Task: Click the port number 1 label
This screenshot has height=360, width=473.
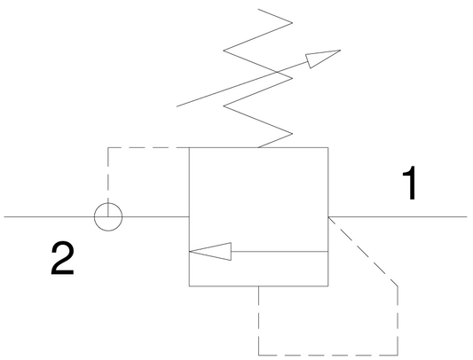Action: pos(411,184)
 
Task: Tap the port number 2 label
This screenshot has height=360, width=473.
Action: pos(62,259)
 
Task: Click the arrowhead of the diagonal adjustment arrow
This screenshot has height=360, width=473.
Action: pos(323,59)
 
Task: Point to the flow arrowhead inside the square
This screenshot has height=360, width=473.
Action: pos(210,251)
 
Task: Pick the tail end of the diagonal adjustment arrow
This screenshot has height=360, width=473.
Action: pos(177,106)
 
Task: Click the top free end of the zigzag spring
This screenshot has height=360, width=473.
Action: pos(258,9)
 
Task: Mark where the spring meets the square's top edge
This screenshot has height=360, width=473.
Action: pos(258,147)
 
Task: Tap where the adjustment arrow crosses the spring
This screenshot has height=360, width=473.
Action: pos(277,72)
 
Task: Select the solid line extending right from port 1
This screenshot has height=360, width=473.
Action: pos(398,216)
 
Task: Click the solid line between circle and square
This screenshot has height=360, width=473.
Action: pos(155,216)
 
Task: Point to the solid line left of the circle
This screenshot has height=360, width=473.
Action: pos(49,216)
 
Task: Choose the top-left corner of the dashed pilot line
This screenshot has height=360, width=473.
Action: pos(108,147)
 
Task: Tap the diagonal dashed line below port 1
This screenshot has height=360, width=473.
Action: pos(363,251)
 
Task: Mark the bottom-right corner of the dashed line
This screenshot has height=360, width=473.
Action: pos(398,355)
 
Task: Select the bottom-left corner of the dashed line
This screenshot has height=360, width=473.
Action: pos(258,355)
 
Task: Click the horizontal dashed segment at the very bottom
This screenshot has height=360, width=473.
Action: pos(328,355)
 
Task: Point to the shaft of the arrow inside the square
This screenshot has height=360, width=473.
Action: pos(280,251)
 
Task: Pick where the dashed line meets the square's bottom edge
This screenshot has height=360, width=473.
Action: pos(258,286)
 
